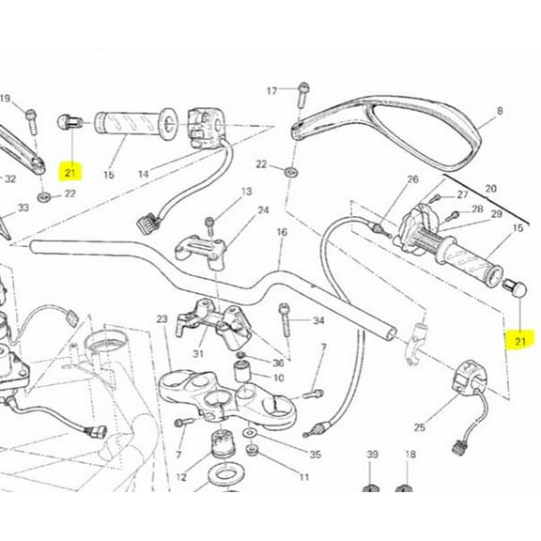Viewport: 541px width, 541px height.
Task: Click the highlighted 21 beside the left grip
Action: click(70, 172)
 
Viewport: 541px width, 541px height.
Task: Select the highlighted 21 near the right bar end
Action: click(520, 341)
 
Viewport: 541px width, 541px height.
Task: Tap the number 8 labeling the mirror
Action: click(500, 111)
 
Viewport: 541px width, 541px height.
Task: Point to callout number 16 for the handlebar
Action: click(282, 232)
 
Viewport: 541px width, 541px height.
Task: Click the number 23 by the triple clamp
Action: click(162, 319)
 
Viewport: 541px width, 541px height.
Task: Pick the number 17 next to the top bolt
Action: click(271, 91)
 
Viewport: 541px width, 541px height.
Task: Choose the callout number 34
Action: click(318, 321)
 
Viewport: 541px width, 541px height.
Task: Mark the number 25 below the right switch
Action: click(420, 427)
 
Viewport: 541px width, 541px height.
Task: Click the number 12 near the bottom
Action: click(181, 477)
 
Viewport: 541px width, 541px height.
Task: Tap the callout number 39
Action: click(372, 455)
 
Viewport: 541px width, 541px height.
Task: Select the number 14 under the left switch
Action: click(144, 174)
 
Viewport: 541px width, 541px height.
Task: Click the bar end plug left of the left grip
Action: click(70, 122)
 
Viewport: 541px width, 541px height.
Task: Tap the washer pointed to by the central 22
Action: click(291, 172)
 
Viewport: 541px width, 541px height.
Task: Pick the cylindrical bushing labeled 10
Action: click(242, 371)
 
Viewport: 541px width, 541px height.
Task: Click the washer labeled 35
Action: click(250, 432)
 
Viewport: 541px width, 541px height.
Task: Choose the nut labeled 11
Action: click(252, 449)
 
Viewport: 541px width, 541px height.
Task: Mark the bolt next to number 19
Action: click(31, 121)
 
